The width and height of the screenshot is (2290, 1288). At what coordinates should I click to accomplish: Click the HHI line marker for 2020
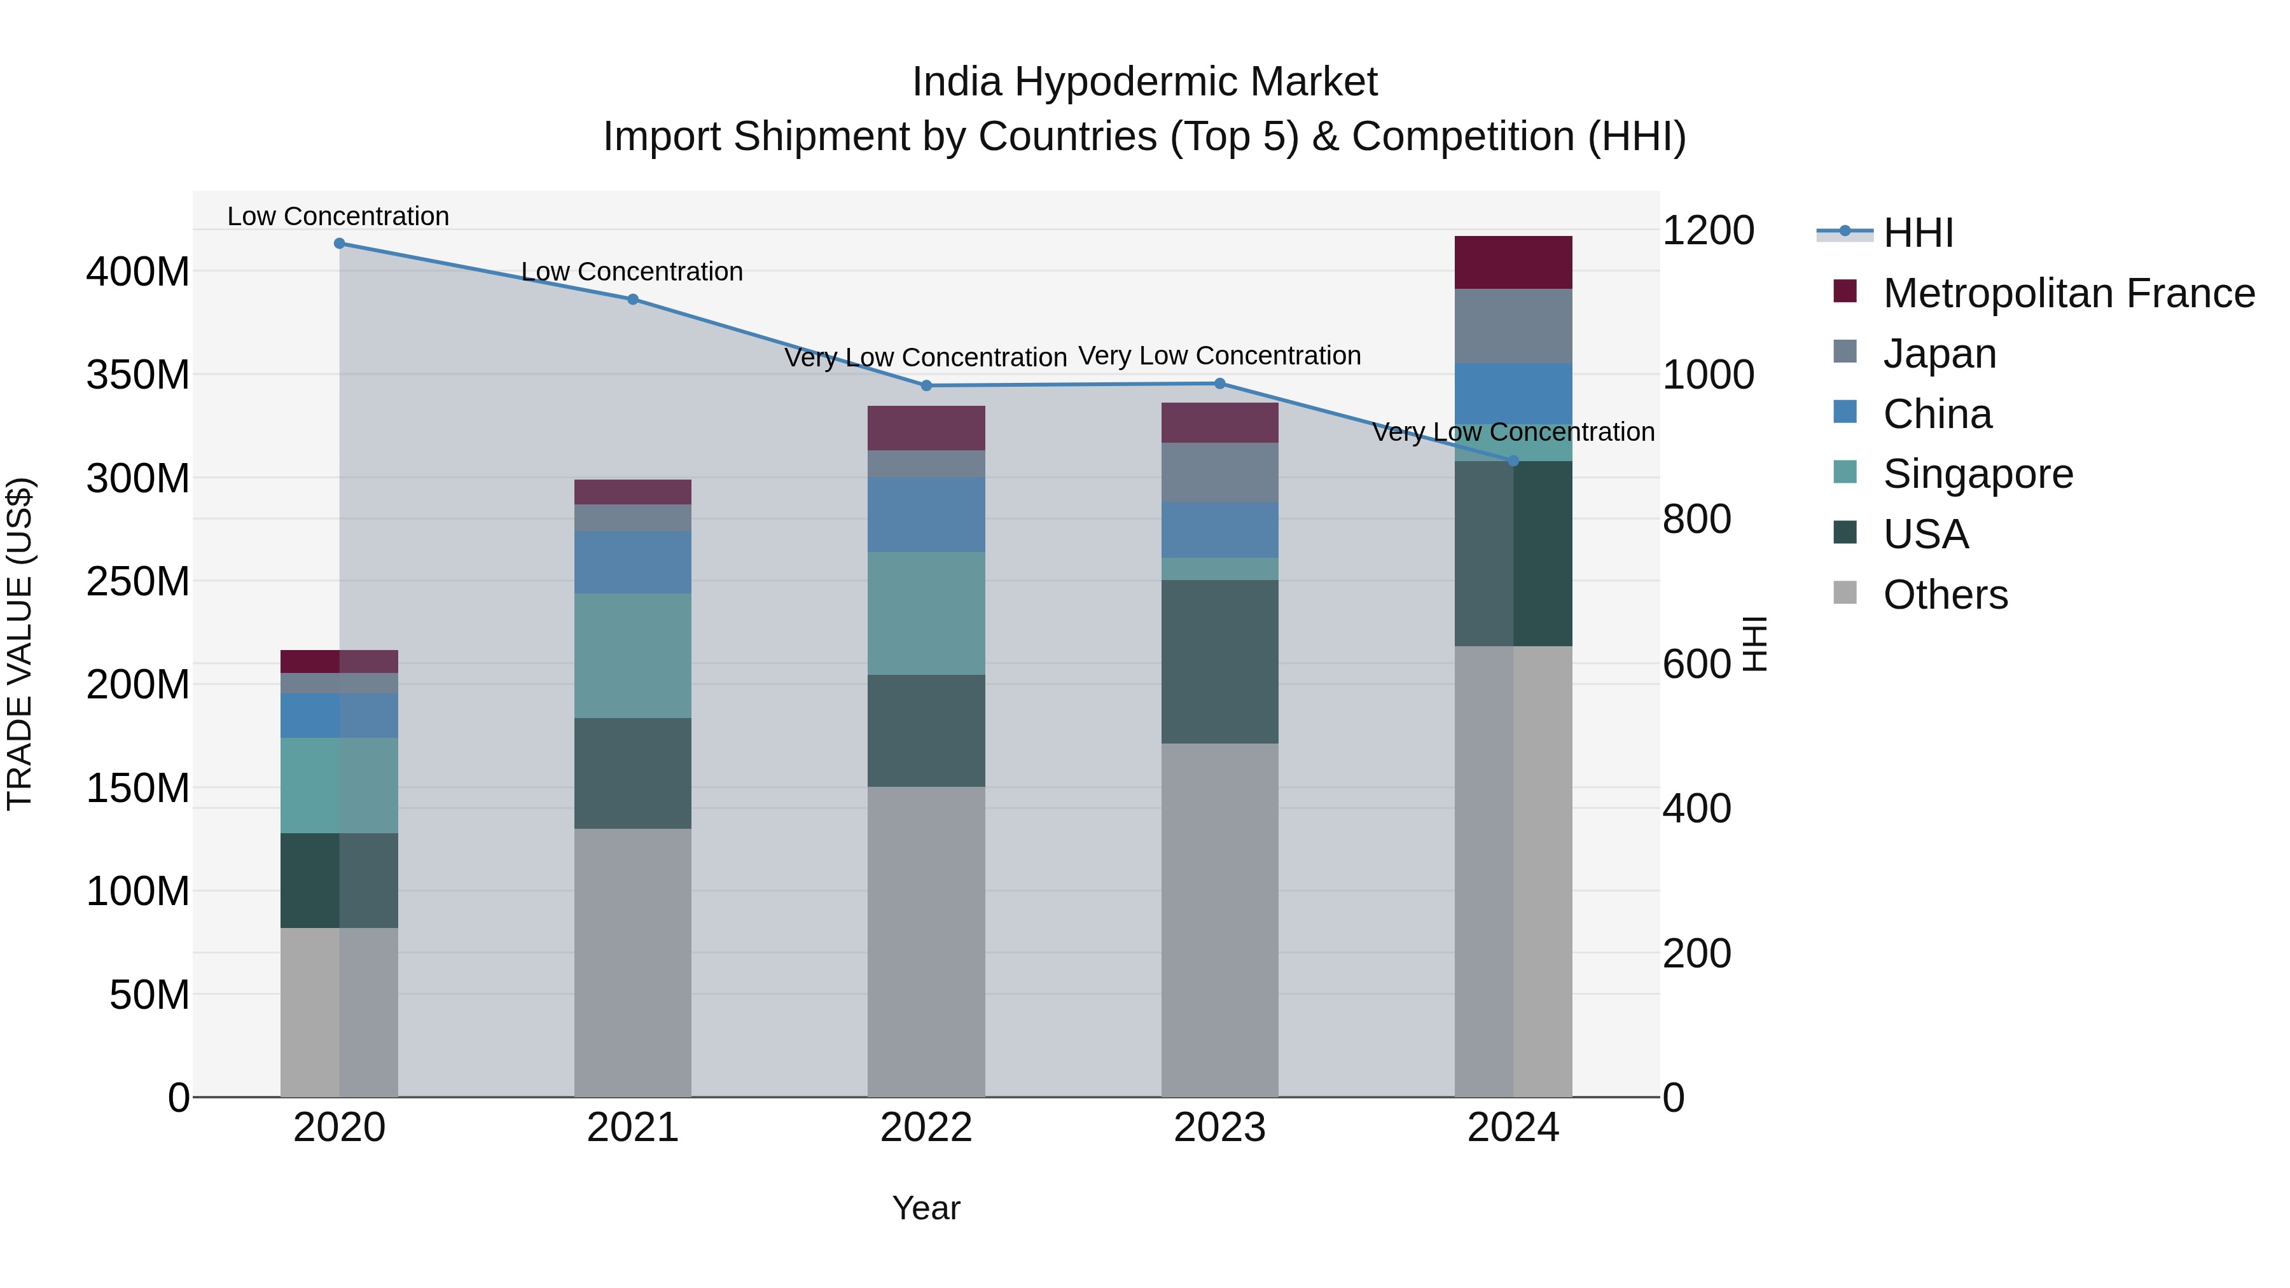point(338,243)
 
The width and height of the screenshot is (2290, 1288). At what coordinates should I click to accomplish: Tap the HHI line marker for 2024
point(1513,460)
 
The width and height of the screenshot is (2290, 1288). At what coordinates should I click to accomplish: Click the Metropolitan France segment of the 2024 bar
point(1513,262)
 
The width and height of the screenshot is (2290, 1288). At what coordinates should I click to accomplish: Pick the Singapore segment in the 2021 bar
point(632,655)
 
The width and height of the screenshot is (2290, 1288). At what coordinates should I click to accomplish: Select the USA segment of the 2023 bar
point(1219,661)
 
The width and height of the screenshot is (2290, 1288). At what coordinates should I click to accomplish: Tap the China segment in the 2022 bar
point(926,514)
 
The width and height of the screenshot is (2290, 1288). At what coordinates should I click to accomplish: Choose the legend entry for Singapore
point(1976,474)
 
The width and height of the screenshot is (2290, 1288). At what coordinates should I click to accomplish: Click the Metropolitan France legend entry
point(2068,293)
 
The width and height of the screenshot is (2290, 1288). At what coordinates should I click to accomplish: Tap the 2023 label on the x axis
point(1219,1127)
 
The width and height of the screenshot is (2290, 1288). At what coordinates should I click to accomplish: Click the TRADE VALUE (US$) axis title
point(20,644)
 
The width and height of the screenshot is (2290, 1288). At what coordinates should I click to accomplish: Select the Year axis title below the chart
point(926,1208)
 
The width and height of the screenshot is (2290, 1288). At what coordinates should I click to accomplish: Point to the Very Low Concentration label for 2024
point(1513,432)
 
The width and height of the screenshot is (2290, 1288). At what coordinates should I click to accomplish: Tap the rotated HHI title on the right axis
point(1754,644)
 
